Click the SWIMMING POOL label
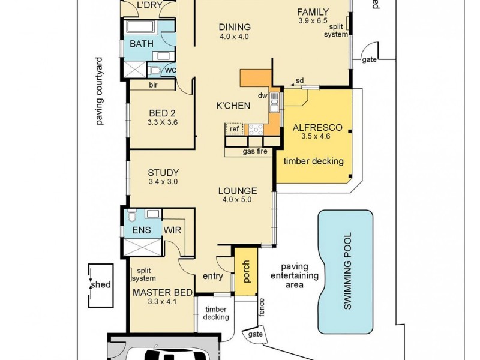point(347,271)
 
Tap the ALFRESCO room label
point(317,128)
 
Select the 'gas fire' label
point(255,152)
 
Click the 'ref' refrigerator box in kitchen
point(233,128)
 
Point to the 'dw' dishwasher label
point(262,96)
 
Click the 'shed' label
point(101,284)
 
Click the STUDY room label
point(163,172)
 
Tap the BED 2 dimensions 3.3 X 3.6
point(162,122)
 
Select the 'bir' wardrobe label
point(153,85)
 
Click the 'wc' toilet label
point(170,70)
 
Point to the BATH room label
point(142,44)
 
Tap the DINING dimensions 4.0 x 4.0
point(233,37)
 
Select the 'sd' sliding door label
point(299,80)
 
